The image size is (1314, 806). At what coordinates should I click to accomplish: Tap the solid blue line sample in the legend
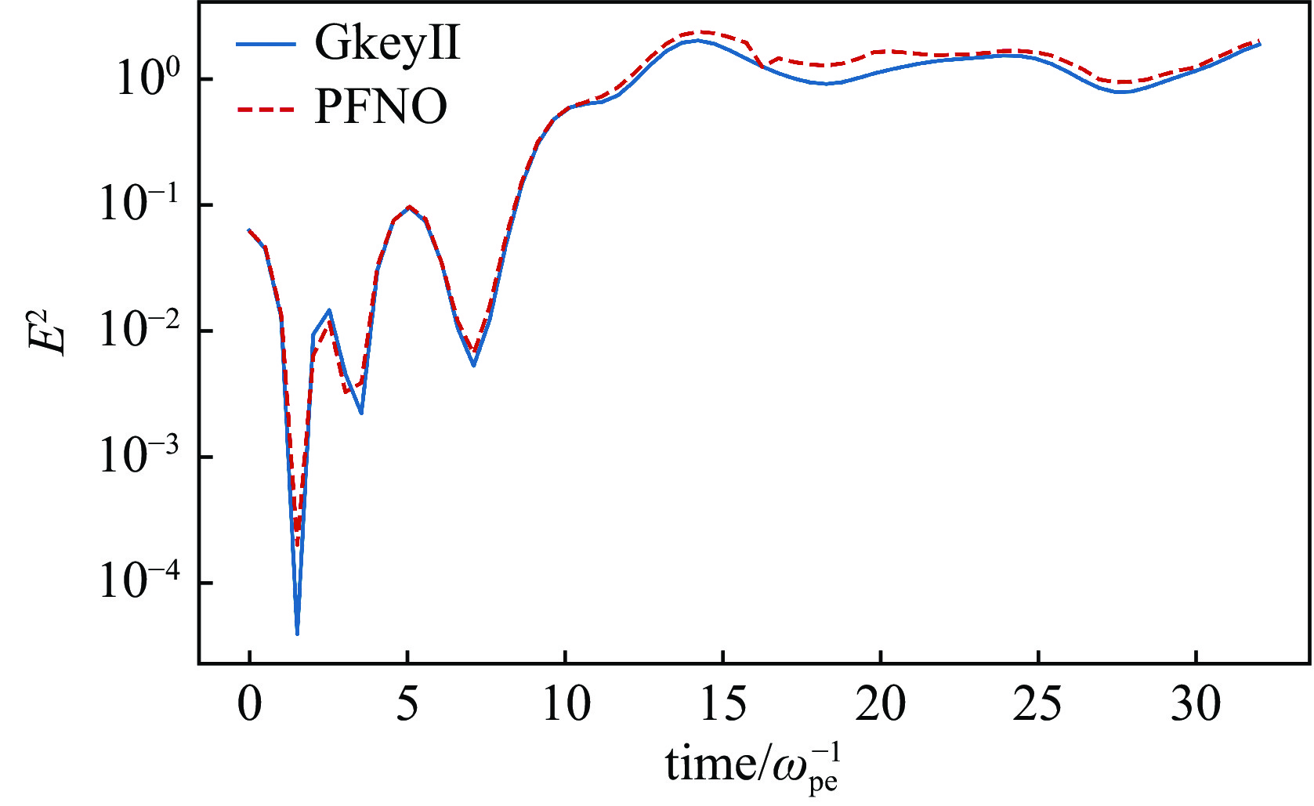pyautogui.click(x=266, y=44)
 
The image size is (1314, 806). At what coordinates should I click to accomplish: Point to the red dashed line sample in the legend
pyautogui.click(x=266, y=107)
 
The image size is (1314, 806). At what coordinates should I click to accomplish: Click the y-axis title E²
pyautogui.click(x=49, y=332)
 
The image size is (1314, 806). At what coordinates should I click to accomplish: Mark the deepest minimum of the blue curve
pyautogui.click(x=297, y=634)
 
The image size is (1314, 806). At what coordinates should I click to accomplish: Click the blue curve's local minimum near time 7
pyautogui.click(x=474, y=365)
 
